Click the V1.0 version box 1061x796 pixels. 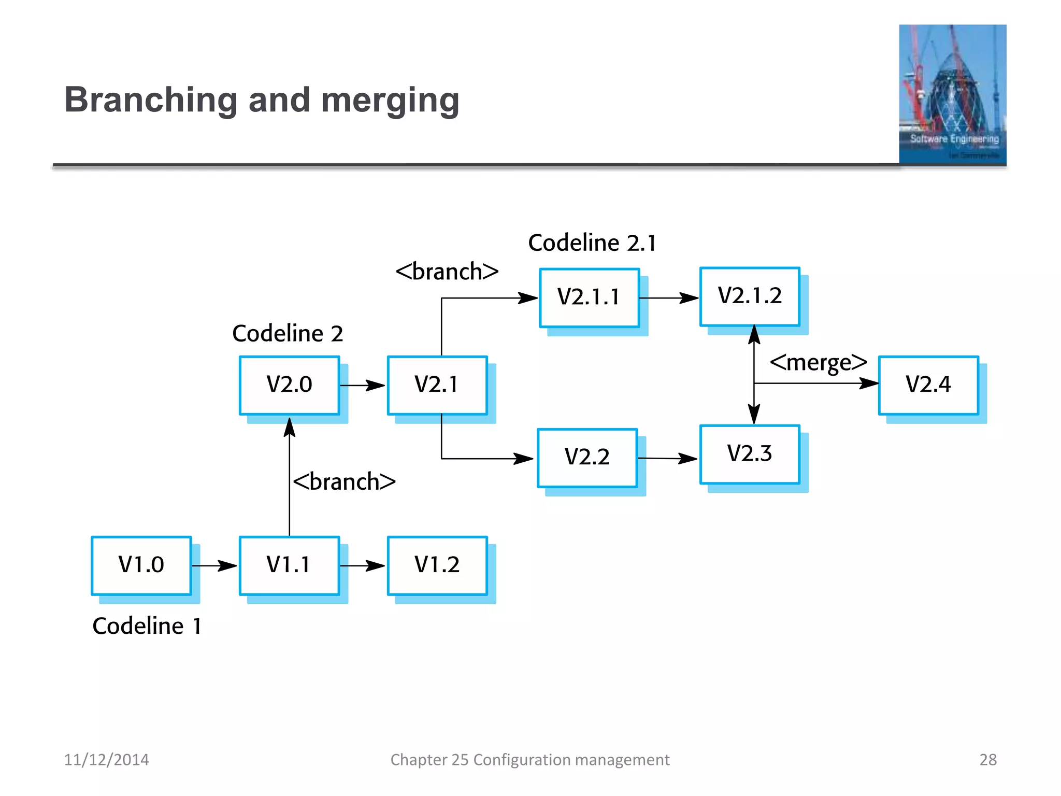click(141, 565)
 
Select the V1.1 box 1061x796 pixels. click(289, 565)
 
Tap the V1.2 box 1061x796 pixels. click(437, 565)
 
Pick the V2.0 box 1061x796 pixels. click(289, 385)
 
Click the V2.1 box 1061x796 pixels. click(437, 385)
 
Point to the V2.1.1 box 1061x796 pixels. click(589, 297)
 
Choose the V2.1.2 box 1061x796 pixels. click(750, 296)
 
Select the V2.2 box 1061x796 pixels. click(587, 458)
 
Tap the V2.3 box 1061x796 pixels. click(750, 454)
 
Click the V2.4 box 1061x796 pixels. click(928, 385)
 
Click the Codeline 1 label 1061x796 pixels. click(147, 626)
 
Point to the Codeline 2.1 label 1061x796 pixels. click(592, 243)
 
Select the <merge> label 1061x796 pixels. click(818, 363)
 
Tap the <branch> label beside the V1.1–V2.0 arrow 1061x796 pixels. click(345, 482)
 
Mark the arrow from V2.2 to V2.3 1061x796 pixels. click(667, 458)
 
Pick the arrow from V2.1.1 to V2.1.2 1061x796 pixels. click(669, 298)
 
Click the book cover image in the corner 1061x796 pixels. click(952, 94)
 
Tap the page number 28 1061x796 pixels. click(987, 760)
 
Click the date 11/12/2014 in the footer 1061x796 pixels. click(106, 760)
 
